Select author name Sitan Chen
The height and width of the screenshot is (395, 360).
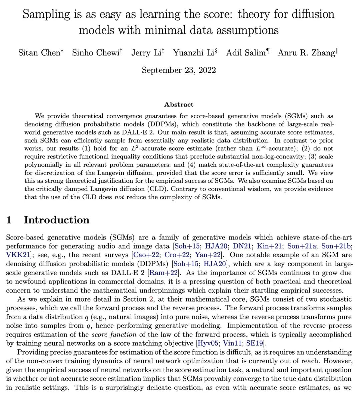coord(39,53)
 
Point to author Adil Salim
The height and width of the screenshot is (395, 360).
coord(246,53)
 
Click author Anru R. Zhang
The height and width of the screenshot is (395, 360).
coord(306,53)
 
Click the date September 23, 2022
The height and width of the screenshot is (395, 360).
coord(179,70)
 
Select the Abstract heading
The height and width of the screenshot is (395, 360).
coord(179,104)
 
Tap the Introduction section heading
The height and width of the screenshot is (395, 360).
coord(56,220)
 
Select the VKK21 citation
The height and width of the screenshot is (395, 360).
coord(18,255)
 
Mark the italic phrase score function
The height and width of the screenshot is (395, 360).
coord(114,334)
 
